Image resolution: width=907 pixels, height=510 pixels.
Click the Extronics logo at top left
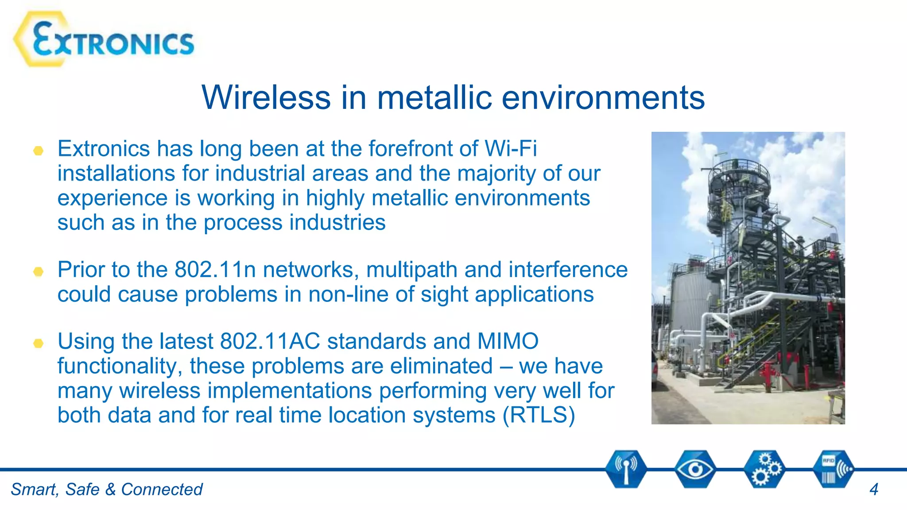coord(104,40)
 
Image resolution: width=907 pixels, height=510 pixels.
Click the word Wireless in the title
coord(266,97)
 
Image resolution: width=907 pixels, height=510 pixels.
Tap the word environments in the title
coord(603,97)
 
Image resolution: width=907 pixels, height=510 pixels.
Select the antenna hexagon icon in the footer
coord(626,469)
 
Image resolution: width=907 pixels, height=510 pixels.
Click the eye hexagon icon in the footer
coord(695,469)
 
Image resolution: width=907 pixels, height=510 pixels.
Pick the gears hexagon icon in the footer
coord(764,469)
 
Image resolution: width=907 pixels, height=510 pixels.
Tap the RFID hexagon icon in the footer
coord(833,469)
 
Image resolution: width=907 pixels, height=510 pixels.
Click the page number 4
coord(873,490)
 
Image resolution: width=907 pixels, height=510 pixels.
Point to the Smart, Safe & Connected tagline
coord(106,490)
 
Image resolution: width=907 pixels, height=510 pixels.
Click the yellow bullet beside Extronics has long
coord(39,151)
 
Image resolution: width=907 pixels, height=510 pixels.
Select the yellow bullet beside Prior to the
coord(39,271)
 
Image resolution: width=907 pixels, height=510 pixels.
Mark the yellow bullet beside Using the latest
coord(39,343)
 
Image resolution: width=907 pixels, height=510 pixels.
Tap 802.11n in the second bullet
coord(215,270)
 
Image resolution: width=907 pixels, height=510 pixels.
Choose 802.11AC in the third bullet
coord(270,341)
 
